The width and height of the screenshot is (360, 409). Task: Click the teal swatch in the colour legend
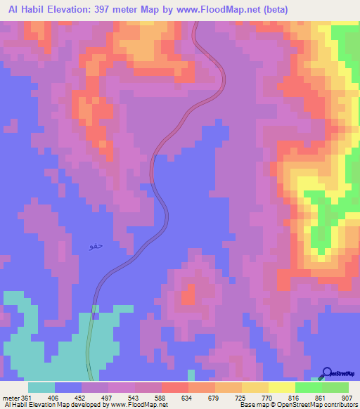pyautogui.click(x=41, y=387)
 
